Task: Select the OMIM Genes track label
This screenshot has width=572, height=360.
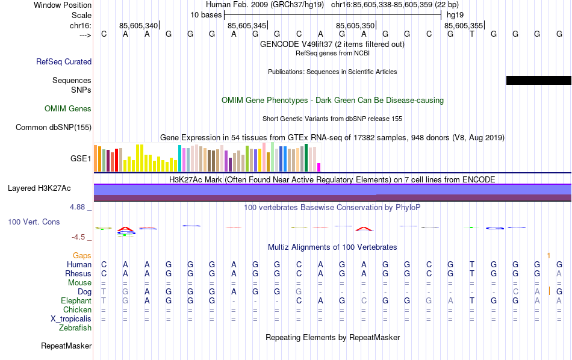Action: pos(68,109)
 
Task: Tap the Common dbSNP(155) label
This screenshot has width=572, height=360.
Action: pos(54,127)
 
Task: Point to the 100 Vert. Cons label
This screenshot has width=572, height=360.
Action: pos(34,222)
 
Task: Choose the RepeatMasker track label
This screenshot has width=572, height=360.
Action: pos(66,346)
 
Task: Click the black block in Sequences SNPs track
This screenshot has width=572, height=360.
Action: pos(538,80)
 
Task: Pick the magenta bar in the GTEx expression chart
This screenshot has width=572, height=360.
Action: pos(319,167)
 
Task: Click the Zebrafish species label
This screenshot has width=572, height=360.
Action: pos(75,328)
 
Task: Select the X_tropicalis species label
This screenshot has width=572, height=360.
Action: pos(71,319)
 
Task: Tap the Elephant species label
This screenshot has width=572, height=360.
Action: pos(76,301)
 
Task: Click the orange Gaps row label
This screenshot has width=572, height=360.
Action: pos(82,256)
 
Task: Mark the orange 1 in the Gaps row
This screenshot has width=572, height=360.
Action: pos(549,256)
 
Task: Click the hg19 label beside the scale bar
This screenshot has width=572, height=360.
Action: pos(455,14)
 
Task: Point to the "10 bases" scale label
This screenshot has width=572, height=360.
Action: pos(206,14)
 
